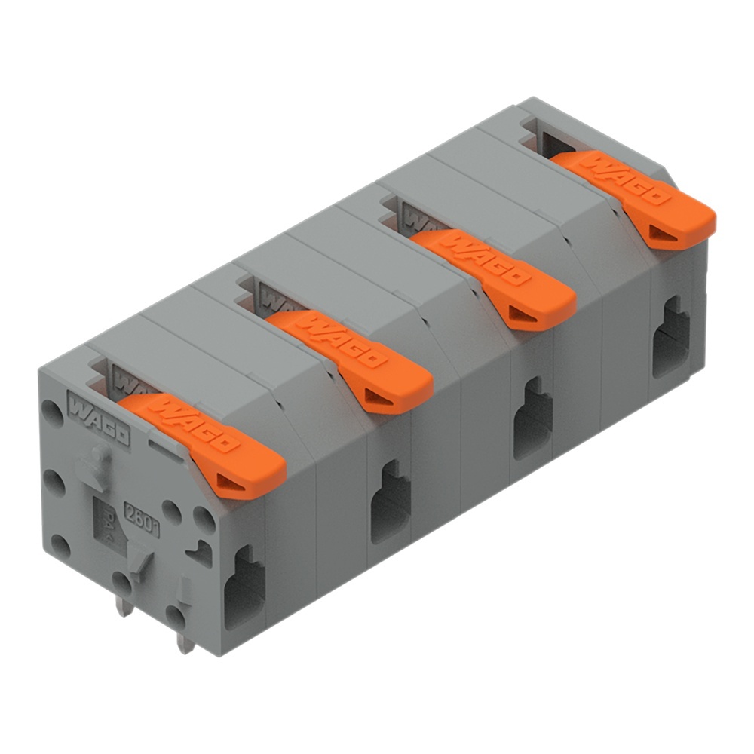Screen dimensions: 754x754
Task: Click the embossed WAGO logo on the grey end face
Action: point(99,415)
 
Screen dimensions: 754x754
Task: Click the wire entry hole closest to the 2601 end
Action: point(244,585)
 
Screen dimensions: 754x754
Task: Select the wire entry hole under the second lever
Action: point(391,502)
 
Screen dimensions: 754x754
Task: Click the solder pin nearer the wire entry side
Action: point(183,641)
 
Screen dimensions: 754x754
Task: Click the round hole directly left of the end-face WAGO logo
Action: point(51,412)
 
